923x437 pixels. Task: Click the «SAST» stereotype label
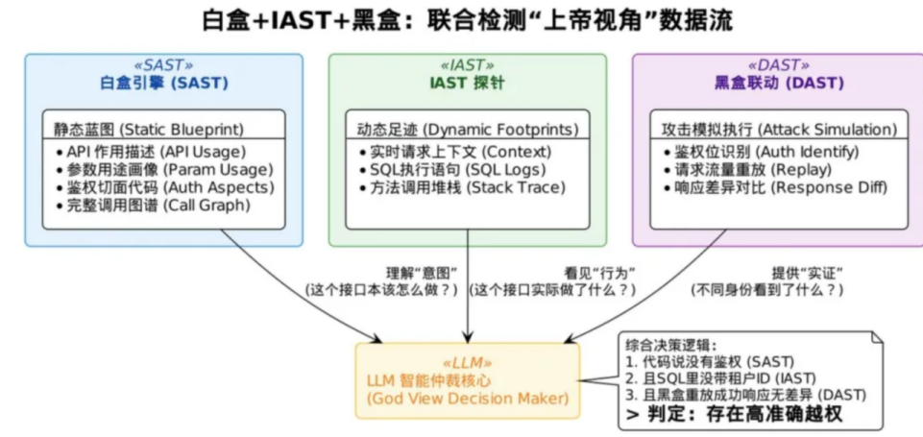163,65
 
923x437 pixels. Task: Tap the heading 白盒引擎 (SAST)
163,84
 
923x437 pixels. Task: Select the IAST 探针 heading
468,84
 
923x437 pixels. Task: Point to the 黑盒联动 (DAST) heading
779,84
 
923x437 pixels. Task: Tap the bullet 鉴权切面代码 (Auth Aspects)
166,188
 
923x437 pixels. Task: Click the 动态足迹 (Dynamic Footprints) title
468,129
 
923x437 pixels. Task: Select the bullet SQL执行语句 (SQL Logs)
453,170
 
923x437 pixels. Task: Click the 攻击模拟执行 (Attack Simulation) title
779,129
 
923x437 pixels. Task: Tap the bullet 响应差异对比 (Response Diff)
776,188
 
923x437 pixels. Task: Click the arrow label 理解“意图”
422,274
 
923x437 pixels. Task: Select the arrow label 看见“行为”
600,274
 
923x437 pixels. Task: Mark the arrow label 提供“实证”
808,274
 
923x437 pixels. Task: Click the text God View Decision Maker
468,399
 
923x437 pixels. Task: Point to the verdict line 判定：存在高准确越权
735,413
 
